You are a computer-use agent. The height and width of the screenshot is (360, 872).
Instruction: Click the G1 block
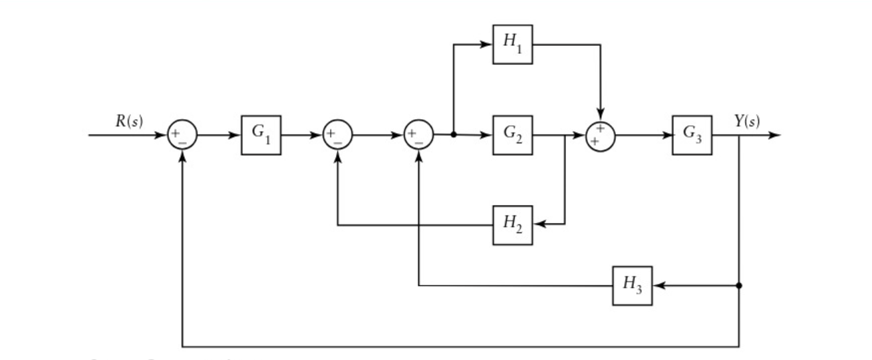click(261, 135)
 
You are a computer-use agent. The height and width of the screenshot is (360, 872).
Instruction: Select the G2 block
click(512, 135)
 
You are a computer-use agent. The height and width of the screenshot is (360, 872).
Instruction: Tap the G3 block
click(692, 135)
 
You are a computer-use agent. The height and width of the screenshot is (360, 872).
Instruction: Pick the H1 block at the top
click(512, 44)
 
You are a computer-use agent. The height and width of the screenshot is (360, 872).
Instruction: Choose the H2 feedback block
click(512, 225)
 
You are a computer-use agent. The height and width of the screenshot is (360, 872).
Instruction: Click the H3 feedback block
click(632, 285)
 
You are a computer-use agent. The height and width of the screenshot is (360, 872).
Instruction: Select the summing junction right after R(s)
click(182, 135)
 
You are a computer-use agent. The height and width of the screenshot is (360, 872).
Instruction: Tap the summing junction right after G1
click(337, 135)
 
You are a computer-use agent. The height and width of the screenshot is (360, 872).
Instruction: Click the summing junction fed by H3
click(418, 135)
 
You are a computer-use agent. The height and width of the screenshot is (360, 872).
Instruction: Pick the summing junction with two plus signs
click(601, 135)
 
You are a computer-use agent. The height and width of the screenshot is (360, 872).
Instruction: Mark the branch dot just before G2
click(453, 134)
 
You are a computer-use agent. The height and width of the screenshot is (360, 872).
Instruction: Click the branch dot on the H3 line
click(739, 285)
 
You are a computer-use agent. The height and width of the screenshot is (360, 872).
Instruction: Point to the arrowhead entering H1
click(487, 45)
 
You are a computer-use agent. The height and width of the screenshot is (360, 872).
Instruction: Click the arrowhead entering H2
click(539, 225)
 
